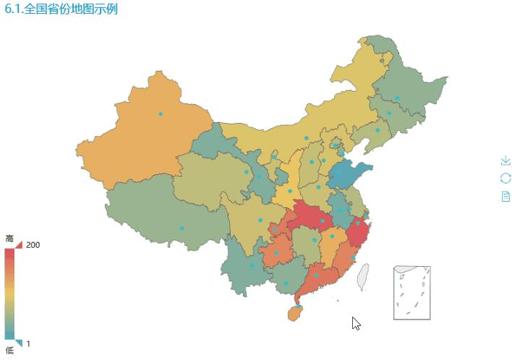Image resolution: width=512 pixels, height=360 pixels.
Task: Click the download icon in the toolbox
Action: tap(505, 160)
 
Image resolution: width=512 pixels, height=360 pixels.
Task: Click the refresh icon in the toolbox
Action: tap(505, 178)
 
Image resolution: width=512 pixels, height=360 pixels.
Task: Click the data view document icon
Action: tap(505, 196)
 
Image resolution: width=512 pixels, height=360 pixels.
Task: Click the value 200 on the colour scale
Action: tap(33, 245)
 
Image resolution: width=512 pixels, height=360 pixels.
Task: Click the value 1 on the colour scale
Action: tap(29, 343)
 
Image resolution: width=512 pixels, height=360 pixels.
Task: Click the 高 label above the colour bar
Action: tap(9, 239)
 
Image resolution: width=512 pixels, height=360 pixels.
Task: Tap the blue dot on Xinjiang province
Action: tap(161, 114)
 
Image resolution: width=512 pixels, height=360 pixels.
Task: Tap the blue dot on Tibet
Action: tap(182, 228)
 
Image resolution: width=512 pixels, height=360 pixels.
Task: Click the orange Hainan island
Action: tap(294, 314)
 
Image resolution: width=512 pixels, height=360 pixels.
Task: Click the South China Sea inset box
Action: tap(412, 293)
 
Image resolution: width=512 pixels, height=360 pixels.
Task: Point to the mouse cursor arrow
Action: tap(355, 322)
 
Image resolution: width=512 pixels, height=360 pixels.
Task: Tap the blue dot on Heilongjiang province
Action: tap(397, 98)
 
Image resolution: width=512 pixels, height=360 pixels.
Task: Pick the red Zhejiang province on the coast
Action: tap(359, 233)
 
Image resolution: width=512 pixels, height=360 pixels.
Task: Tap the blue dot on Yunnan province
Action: tap(252, 265)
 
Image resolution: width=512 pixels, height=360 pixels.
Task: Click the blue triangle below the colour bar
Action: tap(19, 343)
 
